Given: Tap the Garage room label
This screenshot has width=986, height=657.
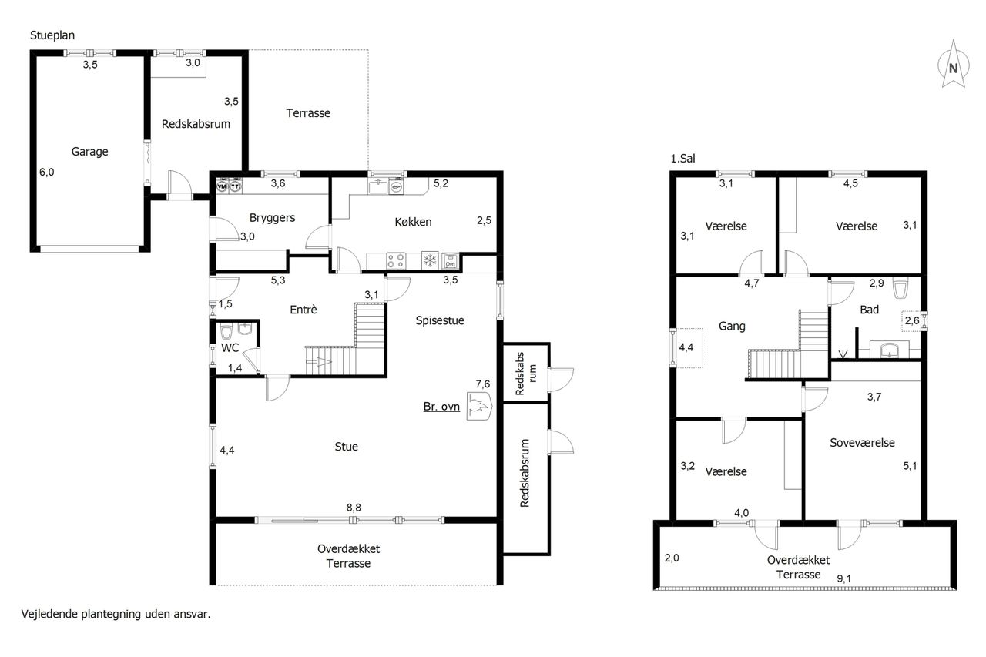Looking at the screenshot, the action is (x=90, y=152).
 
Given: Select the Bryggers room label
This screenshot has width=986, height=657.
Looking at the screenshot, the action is (x=272, y=218).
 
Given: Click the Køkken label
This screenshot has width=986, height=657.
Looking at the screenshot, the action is (x=413, y=222).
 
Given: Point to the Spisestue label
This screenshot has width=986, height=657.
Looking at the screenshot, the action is (x=440, y=320).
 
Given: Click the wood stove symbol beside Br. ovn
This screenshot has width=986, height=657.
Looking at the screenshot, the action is (x=479, y=406).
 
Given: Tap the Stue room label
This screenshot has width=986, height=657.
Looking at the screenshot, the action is (x=346, y=447).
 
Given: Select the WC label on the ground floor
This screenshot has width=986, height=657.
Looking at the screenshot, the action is (x=230, y=348).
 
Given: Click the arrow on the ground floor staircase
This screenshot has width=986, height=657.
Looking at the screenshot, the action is (x=318, y=362).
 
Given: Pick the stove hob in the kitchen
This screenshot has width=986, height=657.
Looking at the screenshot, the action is (x=396, y=261).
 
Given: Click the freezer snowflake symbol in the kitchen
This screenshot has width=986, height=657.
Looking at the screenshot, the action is (x=430, y=260).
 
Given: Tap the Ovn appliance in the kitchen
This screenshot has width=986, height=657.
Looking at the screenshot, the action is (x=450, y=261).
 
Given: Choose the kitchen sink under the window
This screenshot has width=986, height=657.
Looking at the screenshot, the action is (x=377, y=186).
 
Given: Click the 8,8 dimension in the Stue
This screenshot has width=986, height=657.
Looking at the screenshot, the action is (x=354, y=508).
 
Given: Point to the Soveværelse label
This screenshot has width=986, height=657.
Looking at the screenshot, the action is (x=862, y=443).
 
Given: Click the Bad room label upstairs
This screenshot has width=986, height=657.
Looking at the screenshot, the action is (x=870, y=310).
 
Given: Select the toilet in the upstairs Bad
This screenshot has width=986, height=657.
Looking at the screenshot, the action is (x=901, y=288).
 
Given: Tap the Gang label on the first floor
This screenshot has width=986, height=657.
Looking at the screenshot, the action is (x=732, y=327).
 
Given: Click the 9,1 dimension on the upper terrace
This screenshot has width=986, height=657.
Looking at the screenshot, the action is (x=843, y=578).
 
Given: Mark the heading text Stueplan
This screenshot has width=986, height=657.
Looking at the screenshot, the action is (x=52, y=35).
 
